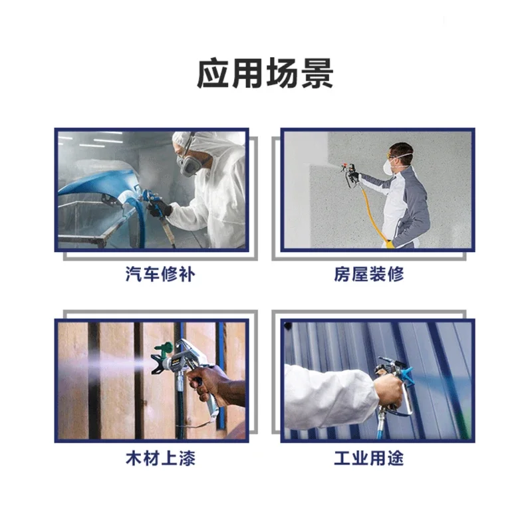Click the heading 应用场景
click(x=265, y=74)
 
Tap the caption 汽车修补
click(x=160, y=274)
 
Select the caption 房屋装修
click(x=369, y=274)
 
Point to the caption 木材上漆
click(x=160, y=458)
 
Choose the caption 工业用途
click(x=369, y=458)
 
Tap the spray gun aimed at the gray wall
click(x=350, y=173)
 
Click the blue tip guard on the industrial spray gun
click(x=406, y=376)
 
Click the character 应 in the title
click(x=213, y=74)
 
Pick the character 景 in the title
click(x=317, y=74)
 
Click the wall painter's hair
click(x=402, y=149)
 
